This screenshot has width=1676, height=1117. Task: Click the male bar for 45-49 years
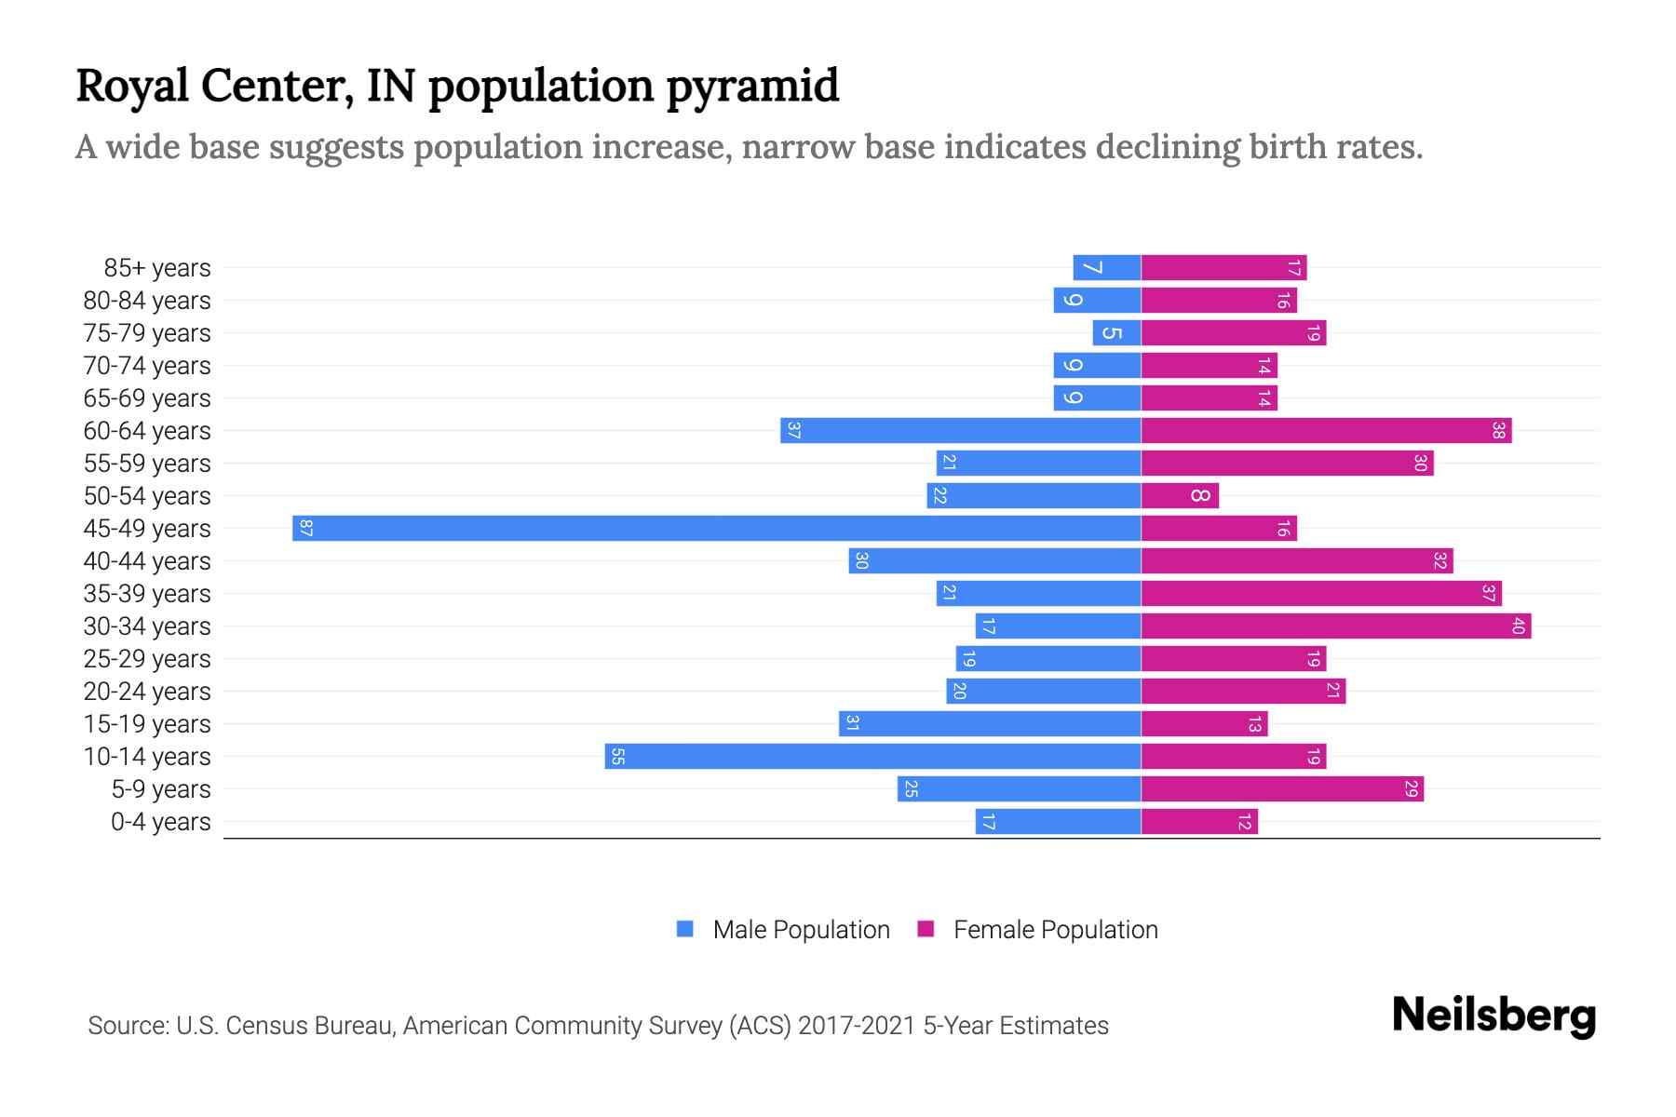tap(717, 528)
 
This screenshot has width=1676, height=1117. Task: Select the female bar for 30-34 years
tap(1336, 626)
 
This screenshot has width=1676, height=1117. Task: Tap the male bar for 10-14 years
tap(873, 756)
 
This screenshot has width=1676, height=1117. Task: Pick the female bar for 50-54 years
tap(1180, 495)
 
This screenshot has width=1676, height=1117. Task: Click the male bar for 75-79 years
tap(1117, 332)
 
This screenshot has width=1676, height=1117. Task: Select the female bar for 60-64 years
tap(1326, 430)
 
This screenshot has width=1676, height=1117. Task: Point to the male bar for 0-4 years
tap(1059, 821)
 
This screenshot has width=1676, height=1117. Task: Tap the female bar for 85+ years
tap(1223, 267)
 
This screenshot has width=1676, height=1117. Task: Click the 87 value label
tap(306, 528)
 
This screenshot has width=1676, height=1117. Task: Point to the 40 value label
tap(1518, 626)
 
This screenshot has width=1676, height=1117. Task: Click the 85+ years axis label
tap(157, 268)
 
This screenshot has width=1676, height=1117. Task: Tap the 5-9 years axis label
tap(161, 789)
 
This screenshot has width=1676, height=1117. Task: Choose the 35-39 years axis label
tap(147, 594)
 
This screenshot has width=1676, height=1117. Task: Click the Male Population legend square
tap(685, 929)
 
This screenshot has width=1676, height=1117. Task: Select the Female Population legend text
tap(1055, 929)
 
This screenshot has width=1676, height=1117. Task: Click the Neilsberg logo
tap(1494, 1015)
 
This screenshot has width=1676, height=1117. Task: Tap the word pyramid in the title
tap(752, 87)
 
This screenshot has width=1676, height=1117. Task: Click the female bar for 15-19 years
tap(1204, 723)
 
